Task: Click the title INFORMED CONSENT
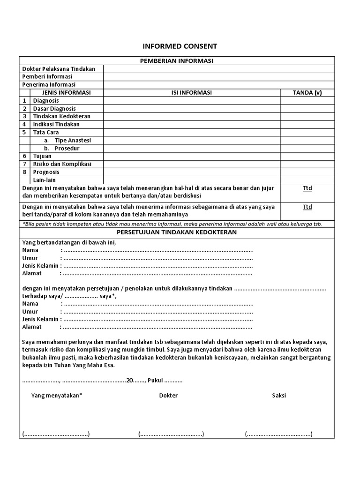180,46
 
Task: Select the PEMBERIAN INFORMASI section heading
177,60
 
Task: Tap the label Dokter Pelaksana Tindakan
59,69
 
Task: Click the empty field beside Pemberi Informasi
219,76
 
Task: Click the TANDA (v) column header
307,92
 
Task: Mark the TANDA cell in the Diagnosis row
307,100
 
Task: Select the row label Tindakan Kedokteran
61,116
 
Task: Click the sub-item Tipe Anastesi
72,140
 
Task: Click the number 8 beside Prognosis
24,172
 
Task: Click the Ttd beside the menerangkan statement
307,188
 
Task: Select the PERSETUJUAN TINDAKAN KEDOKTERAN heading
177,232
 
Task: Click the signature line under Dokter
171,434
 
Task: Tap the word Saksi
279,395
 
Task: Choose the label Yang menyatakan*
57,395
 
